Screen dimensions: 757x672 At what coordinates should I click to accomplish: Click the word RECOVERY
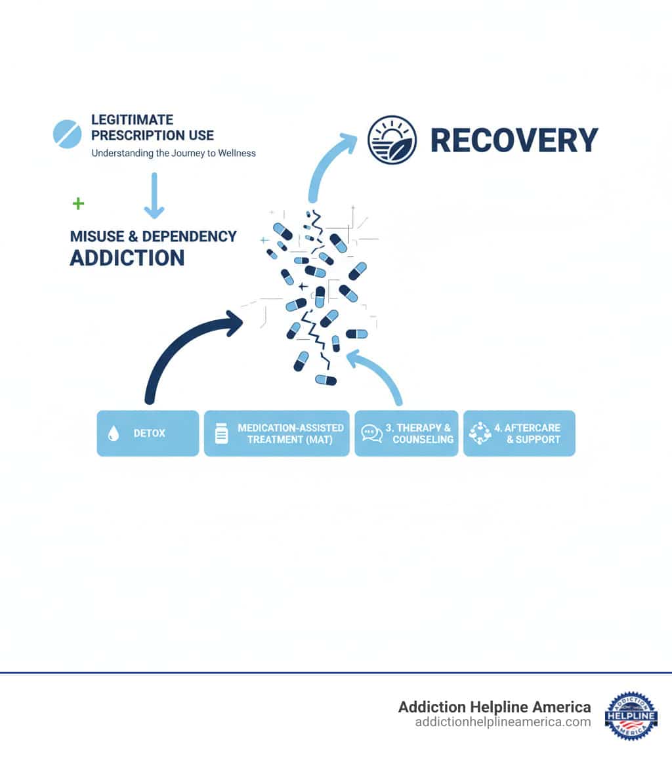tap(514, 140)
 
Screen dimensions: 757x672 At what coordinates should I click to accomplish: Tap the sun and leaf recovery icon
tap(392, 140)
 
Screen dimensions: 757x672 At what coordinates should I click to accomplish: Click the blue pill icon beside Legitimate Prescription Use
tap(67, 133)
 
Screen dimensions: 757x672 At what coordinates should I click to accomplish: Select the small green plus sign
tap(78, 203)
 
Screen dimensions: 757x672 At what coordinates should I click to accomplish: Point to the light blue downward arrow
tap(154, 195)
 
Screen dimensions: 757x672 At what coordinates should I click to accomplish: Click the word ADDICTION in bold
tap(127, 258)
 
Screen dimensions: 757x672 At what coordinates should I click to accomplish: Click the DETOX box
tap(148, 433)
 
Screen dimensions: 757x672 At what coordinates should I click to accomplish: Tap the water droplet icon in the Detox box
tap(114, 434)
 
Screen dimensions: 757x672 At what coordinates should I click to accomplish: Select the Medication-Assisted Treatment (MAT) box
tap(276, 433)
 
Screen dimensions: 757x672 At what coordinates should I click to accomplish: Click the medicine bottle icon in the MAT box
tap(221, 434)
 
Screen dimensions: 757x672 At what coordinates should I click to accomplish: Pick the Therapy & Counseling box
tap(406, 433)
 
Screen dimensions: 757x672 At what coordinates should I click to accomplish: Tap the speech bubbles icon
tap(371, 434)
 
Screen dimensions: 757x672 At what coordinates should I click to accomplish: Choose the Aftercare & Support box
tap(519, 433)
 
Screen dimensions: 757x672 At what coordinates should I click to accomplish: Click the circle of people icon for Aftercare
tap(480, 434)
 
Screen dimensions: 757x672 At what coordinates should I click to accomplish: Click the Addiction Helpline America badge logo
tap(631, 716)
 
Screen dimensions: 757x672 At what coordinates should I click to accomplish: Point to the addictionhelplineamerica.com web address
tap(503, 722)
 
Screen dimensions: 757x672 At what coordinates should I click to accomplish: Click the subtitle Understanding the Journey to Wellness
tap(173, 153)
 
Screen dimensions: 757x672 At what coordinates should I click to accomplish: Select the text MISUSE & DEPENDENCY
tap(153, 236)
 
